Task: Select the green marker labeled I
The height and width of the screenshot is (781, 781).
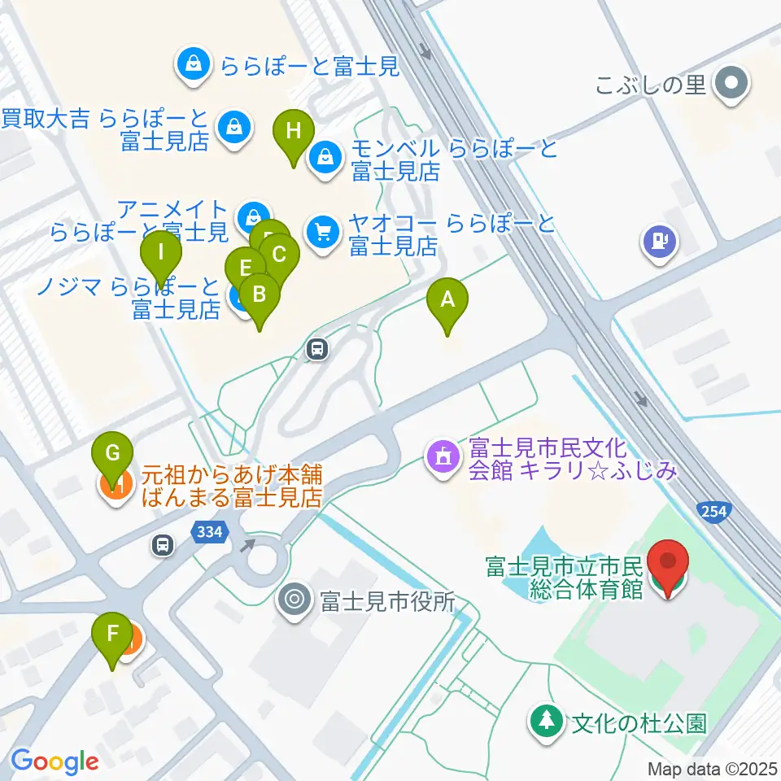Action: [161, 252]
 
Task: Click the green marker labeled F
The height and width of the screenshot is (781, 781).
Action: [114, 634]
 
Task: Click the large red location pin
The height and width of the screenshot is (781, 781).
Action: [668, 562]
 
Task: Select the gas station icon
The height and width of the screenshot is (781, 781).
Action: [660, 241]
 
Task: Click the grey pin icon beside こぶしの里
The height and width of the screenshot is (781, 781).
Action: [730, 82]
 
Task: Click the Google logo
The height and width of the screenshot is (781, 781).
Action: [55, 761]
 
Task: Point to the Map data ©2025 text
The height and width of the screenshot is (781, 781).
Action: [713, 769]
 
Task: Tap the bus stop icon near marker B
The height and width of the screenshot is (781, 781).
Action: [317, 350]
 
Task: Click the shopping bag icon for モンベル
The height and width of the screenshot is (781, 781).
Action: [325, 155]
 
